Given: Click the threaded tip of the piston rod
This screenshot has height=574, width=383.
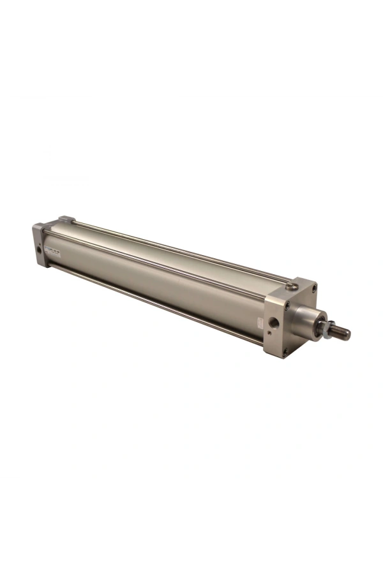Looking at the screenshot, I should pyautogui.click(x=343, y=332).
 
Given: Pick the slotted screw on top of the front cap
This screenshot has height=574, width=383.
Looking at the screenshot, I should pyautogui.click(x=292, y=284).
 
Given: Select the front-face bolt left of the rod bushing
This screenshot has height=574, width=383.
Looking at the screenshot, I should pyautogui.click(x=288, y=307).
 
